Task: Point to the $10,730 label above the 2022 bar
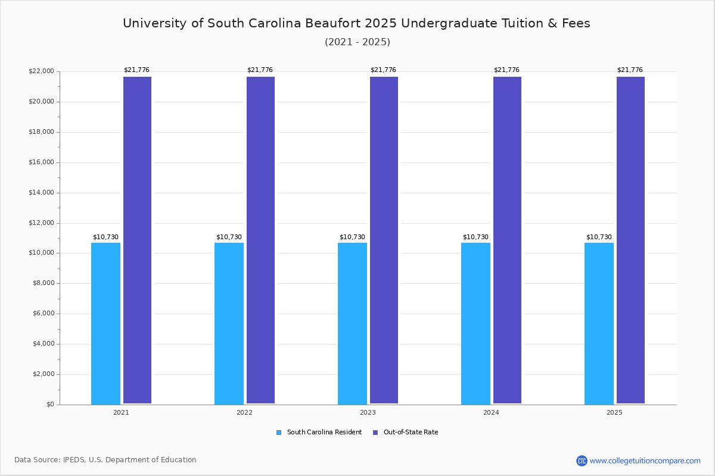click(x=229, y=237)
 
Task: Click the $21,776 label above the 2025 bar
click(x=630, y=70)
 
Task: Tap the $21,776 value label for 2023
click(x=383, y=70)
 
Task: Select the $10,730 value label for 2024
click(x=475, y=237)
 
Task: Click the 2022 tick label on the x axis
click(x=244, y=412)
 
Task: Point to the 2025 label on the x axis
click(x=614, y=412)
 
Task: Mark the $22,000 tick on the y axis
click(x=41, y=71)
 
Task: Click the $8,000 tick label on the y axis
click(x=43, y=283)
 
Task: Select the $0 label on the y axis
click(x=49, y=405)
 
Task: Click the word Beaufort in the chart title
click(x=333, y=23)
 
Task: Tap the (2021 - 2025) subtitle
click(x=357, y=42)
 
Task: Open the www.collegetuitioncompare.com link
click(x=645, y=461)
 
